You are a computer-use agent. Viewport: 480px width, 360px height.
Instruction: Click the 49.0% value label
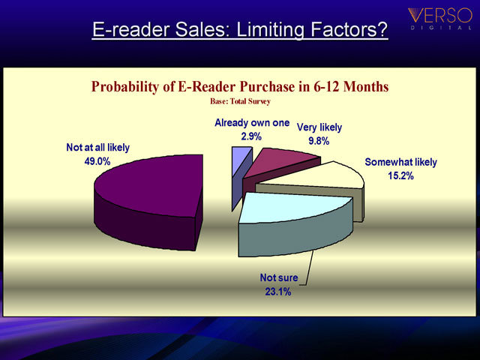(x=97, y=161)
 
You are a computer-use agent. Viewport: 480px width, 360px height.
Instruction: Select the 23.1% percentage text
(x=278, y=292)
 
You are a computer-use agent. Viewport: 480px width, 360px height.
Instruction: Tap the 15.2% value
(x=400, y=175)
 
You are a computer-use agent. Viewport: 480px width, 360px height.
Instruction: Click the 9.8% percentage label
(x=319, y=141)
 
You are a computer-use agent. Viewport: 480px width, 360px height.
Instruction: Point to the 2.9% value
(x=251, y=136)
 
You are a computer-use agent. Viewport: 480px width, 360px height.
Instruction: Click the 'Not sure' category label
(x=279, y=277)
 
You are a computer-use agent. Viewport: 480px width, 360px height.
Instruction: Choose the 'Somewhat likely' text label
(x=400, y=162)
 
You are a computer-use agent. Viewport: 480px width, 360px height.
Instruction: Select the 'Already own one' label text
(x=252, y=123)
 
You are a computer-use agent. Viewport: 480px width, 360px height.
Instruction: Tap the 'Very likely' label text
(x=319, y=127)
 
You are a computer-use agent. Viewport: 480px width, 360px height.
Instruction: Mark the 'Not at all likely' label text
(x=98, y=148)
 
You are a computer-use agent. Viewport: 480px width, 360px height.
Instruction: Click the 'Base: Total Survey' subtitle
(x=240, y=101)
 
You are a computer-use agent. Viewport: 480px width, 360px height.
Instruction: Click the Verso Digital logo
(x=440, y=18)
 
